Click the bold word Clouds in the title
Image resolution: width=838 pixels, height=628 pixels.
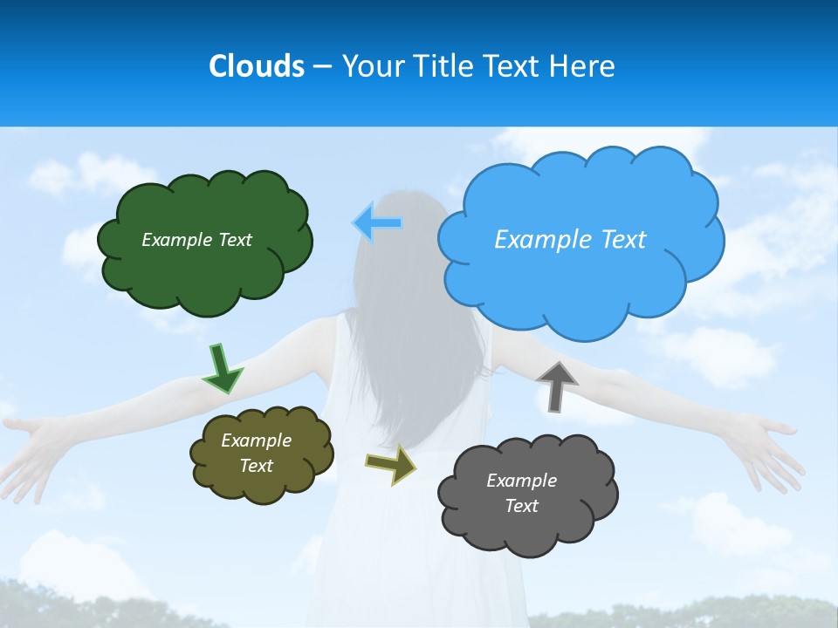pos(256,66)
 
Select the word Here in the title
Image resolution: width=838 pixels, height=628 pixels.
pos(585,66)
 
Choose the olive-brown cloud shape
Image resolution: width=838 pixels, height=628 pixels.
pos(261,484)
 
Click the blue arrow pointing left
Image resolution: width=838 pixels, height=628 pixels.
pos(378,222)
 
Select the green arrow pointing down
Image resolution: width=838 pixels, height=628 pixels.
pos(223,369)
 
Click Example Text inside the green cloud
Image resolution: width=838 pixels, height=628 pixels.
pos(196,240)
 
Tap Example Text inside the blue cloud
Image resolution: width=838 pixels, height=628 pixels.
pos(570,239)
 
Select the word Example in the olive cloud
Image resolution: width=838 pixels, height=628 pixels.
pos(256,440)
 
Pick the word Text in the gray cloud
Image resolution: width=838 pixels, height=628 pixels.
pos(522,506)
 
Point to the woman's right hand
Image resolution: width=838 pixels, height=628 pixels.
pos(768,449)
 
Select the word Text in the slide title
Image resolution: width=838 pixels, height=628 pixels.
pos(516,66)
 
